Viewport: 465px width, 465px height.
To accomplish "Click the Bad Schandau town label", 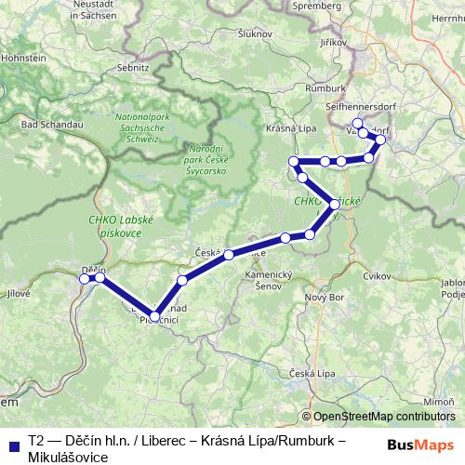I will pos(41,124).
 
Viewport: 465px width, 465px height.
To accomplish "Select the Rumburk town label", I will pos(324,87).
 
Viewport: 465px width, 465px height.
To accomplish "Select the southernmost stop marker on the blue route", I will pos(155,315).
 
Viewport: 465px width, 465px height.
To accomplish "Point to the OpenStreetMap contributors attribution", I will pos(383,417).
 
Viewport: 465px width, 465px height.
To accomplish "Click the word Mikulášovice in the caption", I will pos(68,457).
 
